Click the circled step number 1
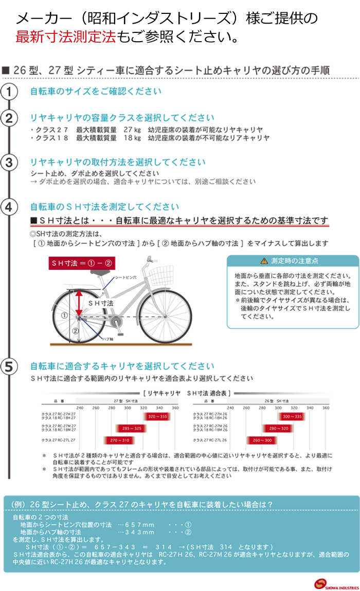click(9, 93)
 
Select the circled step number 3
click(9, 163)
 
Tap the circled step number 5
click(9, 367)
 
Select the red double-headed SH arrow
click(79, 304)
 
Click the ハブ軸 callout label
click(107, 339)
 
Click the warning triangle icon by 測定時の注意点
click(264, 261)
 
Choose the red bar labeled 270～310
click(119, 440)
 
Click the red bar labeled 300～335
click(292, 417)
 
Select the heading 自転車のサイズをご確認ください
click(96, 91)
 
